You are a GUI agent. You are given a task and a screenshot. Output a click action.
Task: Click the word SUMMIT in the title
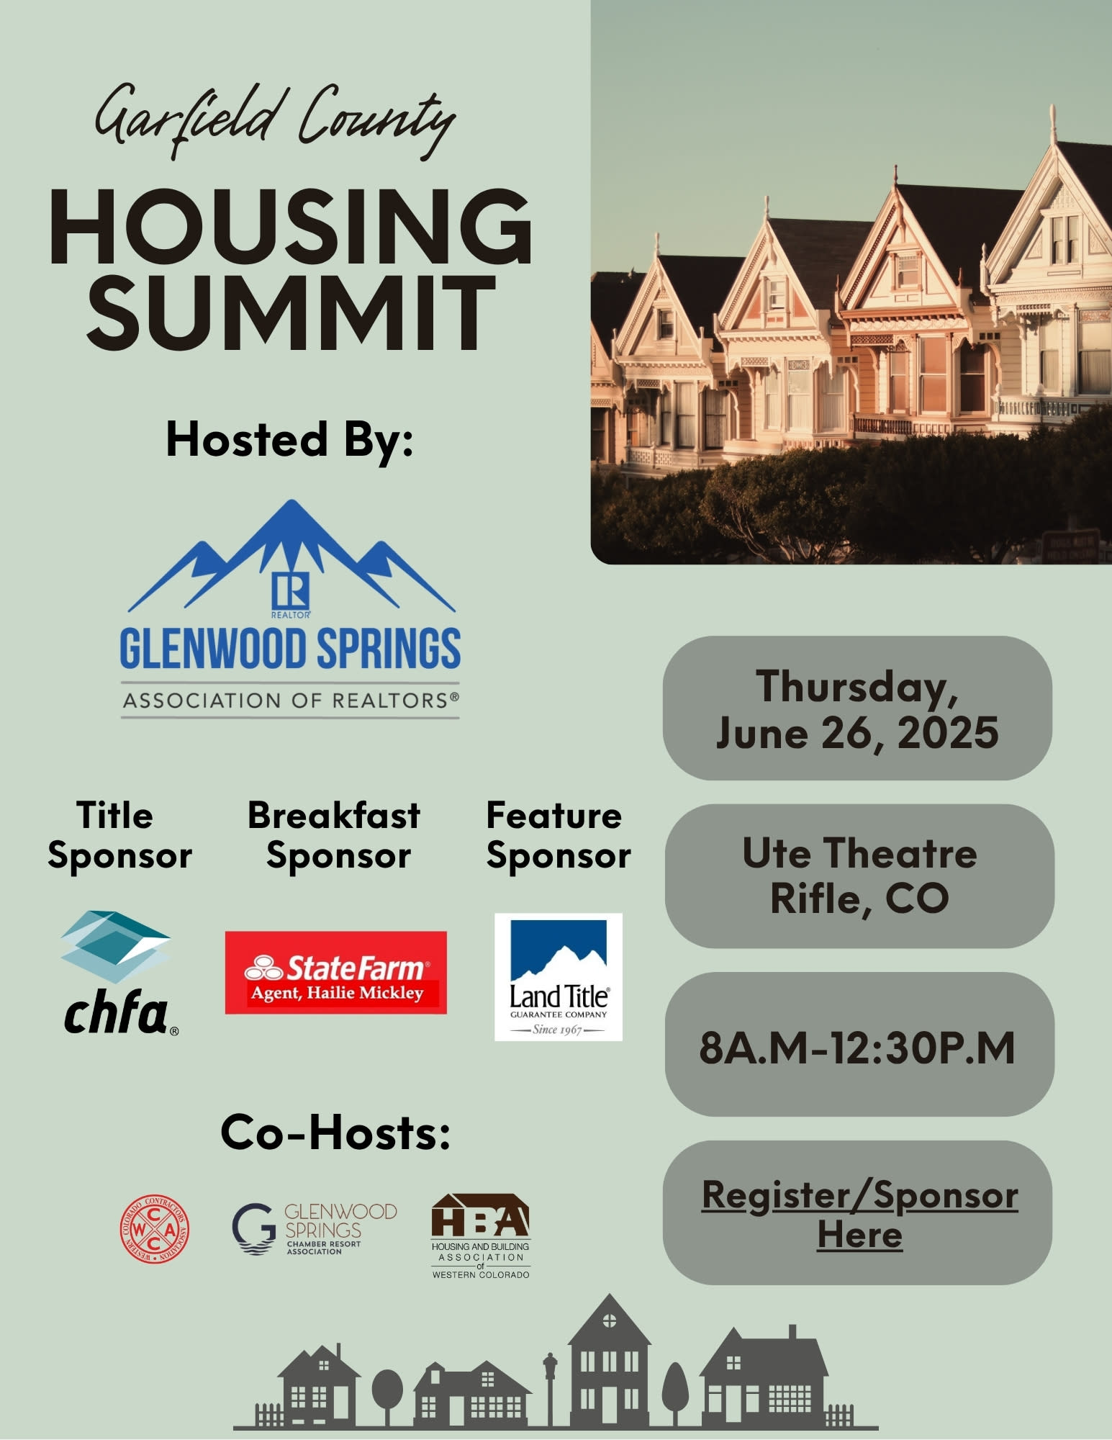[x=291, y=312]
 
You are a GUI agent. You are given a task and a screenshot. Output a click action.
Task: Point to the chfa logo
[x=118, y=973]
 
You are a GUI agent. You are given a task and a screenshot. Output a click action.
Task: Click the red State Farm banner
[x=335, y=973]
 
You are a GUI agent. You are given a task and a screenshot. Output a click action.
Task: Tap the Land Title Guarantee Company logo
[x=558, y=976]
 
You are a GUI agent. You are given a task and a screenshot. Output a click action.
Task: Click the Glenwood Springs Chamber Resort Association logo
[x=315, y=1229]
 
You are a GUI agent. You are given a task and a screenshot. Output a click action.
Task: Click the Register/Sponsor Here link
[x=859, y=1215]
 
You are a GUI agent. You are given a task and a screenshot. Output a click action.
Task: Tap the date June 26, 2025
[x=856, y=733]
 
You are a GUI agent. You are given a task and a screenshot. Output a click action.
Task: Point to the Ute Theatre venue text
[x=859, y=853]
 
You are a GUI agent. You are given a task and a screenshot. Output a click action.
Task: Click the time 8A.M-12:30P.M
[x=856, y=1048]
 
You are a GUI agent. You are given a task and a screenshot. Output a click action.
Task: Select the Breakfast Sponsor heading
[x=335, y=835]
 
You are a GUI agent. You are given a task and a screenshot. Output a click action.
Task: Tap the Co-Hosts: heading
[x=335, y=1133]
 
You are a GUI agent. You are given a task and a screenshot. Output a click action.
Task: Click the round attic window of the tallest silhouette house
[x=609, y=1320]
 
